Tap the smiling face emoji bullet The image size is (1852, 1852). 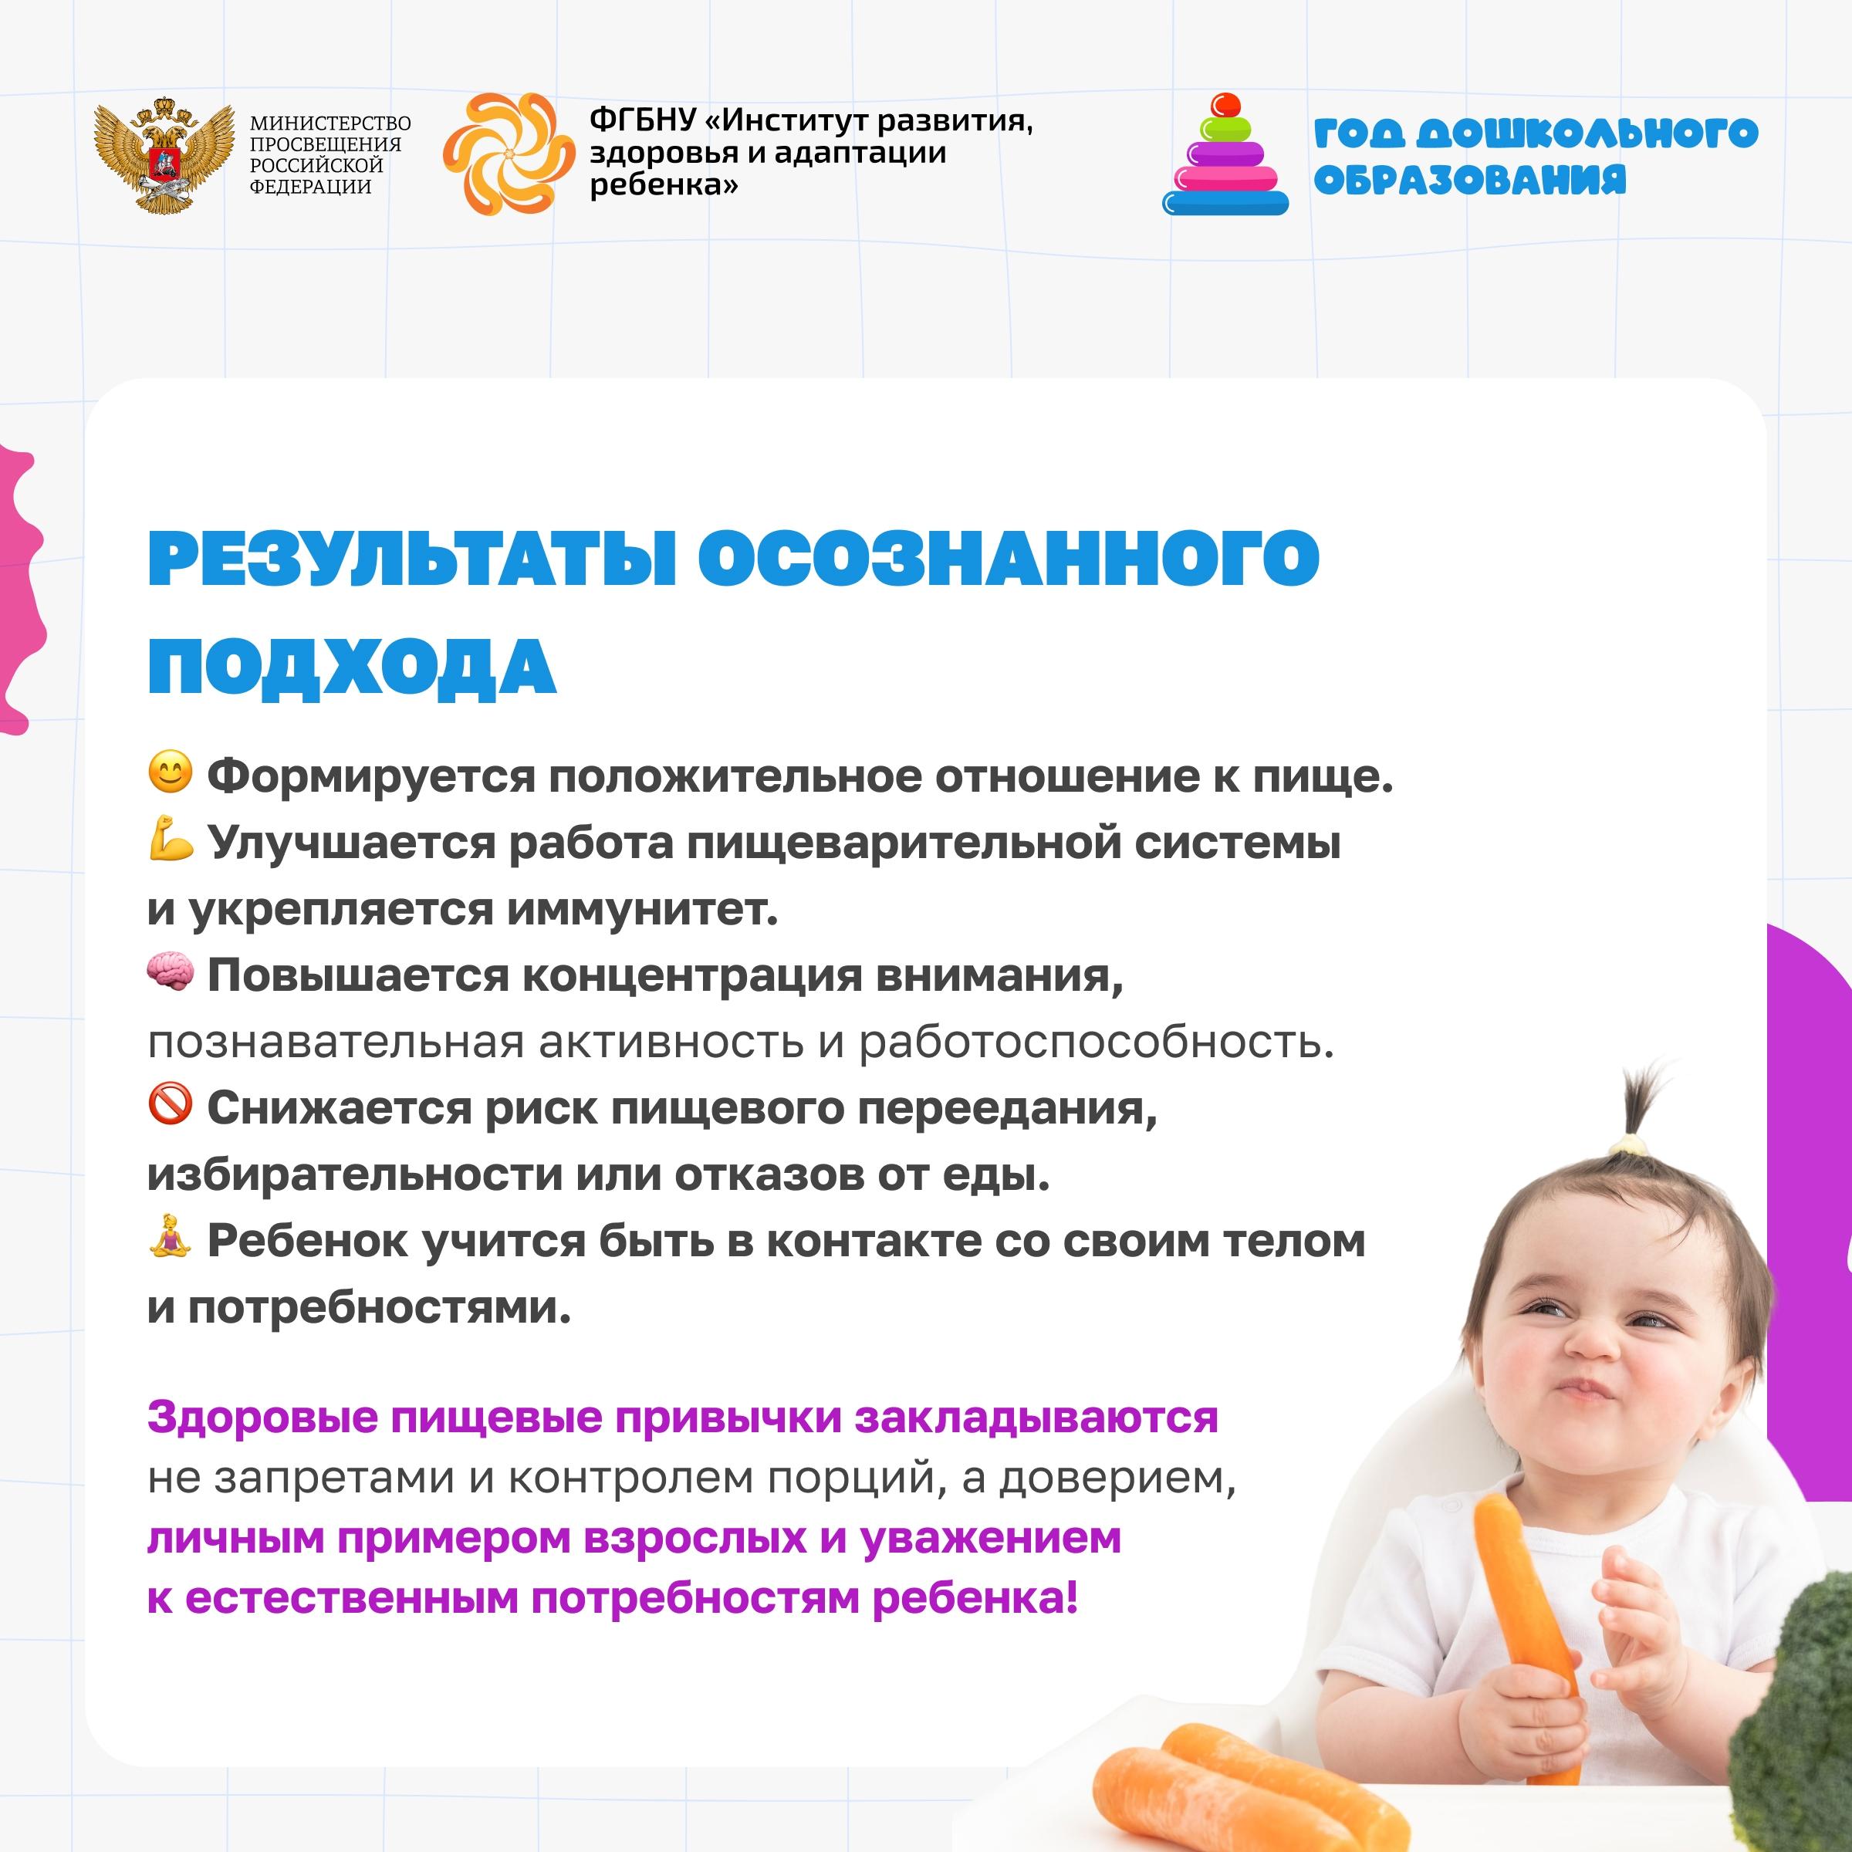click(x=171, y=772)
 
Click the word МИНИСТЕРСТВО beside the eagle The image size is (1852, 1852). click(x=330, y=123)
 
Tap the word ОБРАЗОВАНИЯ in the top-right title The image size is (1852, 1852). click(x=1469, y=179)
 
